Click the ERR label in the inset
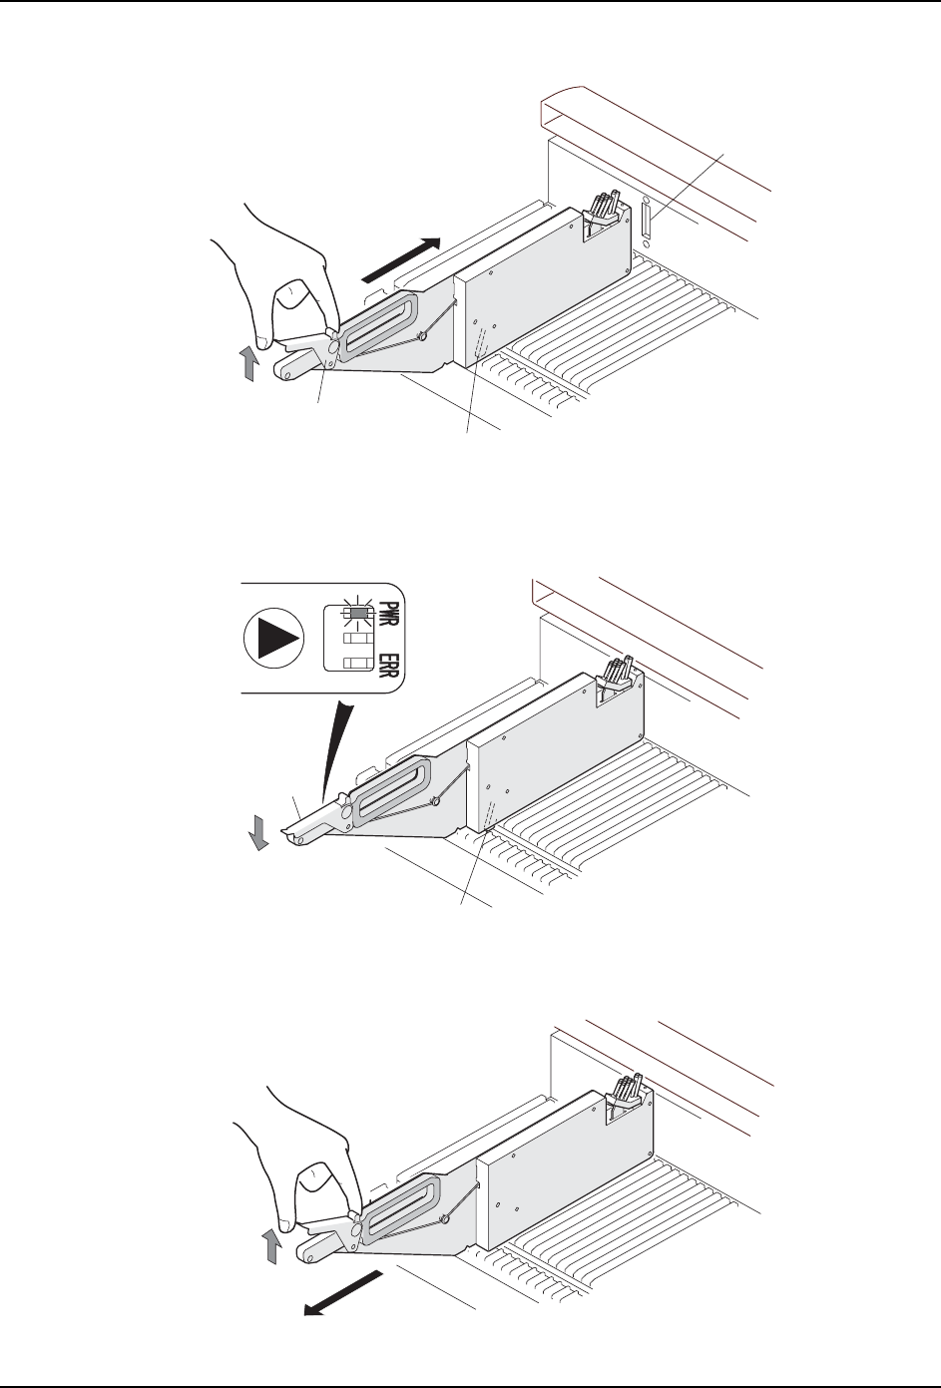pos(388,665)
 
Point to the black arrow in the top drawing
pos(400,260)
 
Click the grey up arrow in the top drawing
pos(249,364)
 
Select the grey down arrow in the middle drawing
pos(258,831)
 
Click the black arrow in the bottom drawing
pos(343,1292)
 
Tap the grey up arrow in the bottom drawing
pos(270,1246)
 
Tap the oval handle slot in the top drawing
pos(377,326)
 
